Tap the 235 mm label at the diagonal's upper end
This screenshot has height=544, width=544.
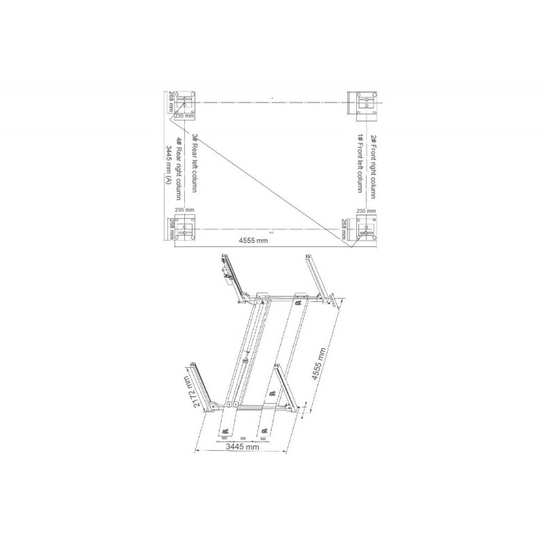click(x=184, y=116)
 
